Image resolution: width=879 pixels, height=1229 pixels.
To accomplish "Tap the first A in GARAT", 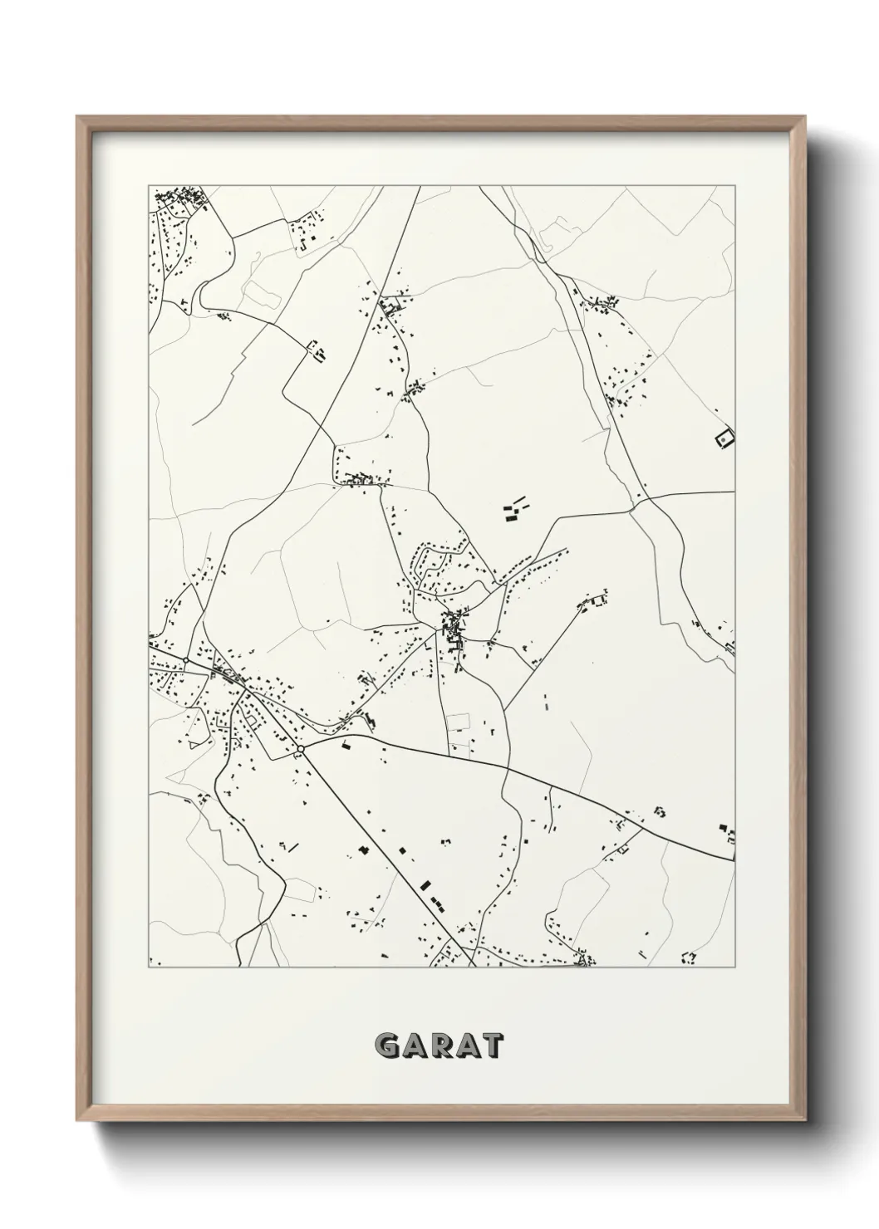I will coord(415,1045).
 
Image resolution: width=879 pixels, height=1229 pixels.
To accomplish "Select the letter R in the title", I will coord(440,1045).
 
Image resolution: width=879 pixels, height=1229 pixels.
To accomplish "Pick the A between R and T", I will coord(465,1045).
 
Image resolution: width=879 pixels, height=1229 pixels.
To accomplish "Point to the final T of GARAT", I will coord(490,1045).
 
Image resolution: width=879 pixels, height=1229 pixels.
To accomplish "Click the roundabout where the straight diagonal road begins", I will coord(300,749).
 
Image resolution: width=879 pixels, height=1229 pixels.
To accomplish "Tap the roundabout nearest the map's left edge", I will coord(186,661).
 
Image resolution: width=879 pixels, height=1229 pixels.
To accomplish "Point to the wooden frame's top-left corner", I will coord(78,118).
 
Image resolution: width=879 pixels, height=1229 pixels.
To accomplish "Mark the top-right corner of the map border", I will coord(735,186).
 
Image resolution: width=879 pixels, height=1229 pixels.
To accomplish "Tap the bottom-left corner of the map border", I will coord(149,967).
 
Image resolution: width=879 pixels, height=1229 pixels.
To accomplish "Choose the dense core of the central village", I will coord(454,624).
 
